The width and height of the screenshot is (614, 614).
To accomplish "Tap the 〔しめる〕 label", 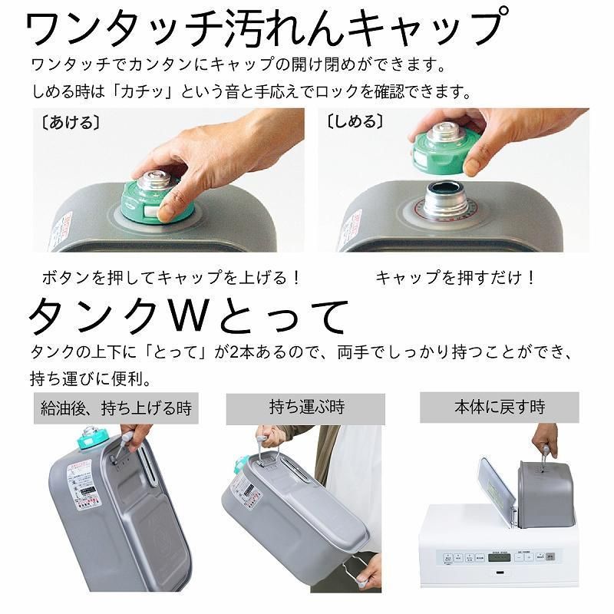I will tap(355, 122).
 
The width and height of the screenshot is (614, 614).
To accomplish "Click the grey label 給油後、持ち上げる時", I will tap(116, 408).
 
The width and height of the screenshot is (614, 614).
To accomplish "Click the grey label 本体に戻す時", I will tap(499, 407).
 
